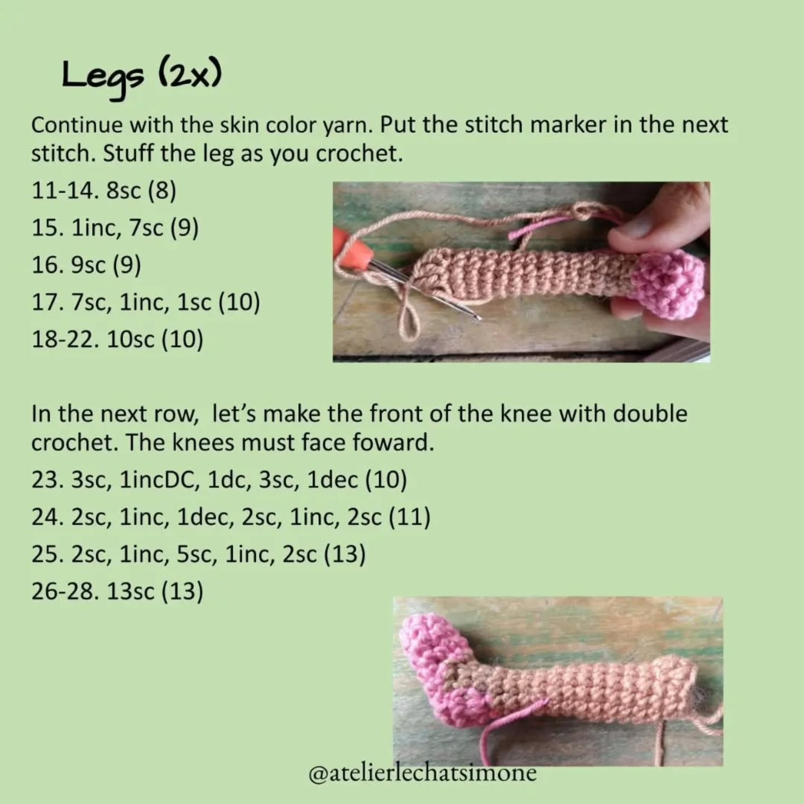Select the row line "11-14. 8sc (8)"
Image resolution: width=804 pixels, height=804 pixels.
point(104,190)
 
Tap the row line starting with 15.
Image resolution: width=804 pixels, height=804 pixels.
point(115,228)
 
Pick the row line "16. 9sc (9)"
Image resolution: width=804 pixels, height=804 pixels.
point(86,265)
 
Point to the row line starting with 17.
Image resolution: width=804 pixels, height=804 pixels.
point(146,302)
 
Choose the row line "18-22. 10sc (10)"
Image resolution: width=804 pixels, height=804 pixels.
point(117,339)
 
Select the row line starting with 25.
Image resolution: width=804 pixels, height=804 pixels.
point(198,554)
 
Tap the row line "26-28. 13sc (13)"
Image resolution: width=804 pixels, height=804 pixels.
point(117,591)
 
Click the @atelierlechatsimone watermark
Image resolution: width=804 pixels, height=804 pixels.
point(422,773)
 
